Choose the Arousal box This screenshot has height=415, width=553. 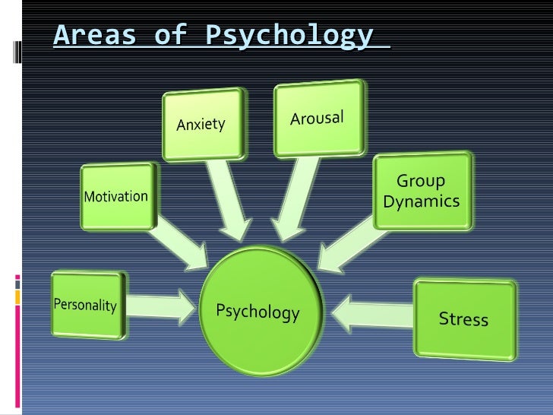[x=318, y=118]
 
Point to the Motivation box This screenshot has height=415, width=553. [x=116, y=196]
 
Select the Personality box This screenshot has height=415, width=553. [x=85, y=306]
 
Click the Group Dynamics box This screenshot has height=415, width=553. [x=422, y=191]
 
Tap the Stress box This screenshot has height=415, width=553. [x=464, y=318]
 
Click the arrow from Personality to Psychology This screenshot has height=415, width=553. [x=162, y=306]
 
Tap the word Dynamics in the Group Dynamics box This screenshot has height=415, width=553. [x=422, y=201]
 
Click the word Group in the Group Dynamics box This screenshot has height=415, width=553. [x=422, y=182]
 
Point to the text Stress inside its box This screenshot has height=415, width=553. [x=464, y=318]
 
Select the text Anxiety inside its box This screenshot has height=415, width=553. [x=201, y=124]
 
